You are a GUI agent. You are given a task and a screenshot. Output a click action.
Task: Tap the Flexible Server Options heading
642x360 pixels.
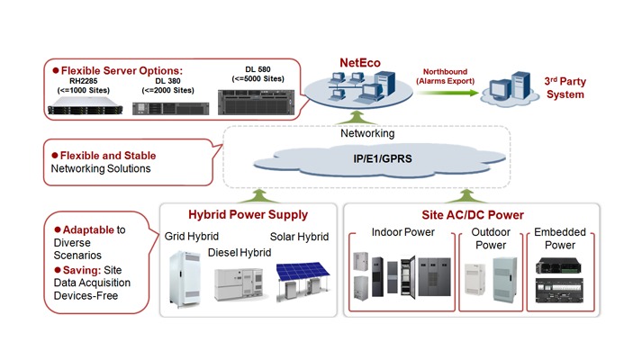(x=121, y=69)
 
